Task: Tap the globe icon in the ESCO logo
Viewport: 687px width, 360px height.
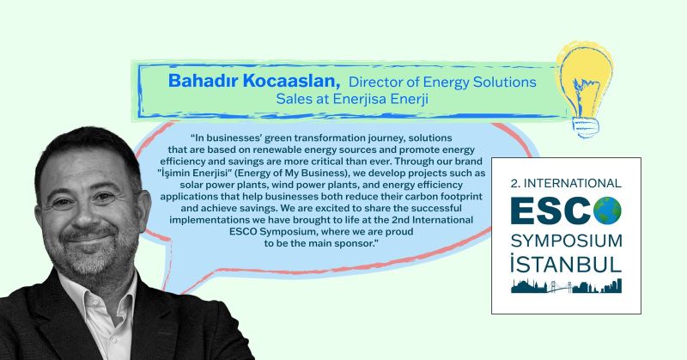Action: [x=607, y=211]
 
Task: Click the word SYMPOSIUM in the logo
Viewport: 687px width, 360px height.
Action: [x=566, y=241]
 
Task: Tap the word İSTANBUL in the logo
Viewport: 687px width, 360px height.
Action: [x=566, y=264]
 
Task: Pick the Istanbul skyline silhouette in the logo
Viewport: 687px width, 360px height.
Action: [x=566, y=285]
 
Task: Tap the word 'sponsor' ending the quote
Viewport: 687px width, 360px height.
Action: [x=353, y=244]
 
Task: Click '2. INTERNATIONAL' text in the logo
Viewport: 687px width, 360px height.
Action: [x=566, y=183]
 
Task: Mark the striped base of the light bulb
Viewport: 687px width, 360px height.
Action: [x=586, y=128]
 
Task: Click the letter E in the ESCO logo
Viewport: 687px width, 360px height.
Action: [x=524, y=211]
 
